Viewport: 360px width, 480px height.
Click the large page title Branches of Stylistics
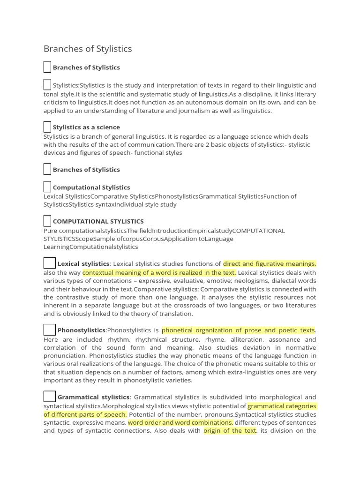coord(88,49)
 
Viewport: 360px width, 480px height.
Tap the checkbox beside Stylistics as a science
coord(47,127)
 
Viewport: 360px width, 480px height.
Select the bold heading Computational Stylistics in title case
coord(91,187)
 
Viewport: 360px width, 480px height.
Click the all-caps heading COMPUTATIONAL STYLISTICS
coord(98,221)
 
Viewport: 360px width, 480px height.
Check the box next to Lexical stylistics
coord(50,263)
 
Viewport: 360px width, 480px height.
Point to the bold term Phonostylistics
coord(81,330)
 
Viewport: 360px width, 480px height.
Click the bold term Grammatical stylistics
coord(93,397)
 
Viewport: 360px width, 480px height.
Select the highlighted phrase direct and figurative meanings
coord(270,264)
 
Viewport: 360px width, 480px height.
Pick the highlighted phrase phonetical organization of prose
coord(238,330)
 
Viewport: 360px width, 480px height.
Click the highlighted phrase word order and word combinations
coord(180,422)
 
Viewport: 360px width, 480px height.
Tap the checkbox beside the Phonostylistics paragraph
coord(50,330)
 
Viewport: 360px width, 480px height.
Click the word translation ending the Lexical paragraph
coord(174,314)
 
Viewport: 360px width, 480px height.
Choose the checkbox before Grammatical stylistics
coord(50,397)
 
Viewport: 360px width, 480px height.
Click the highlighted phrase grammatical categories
coord(282,406)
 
